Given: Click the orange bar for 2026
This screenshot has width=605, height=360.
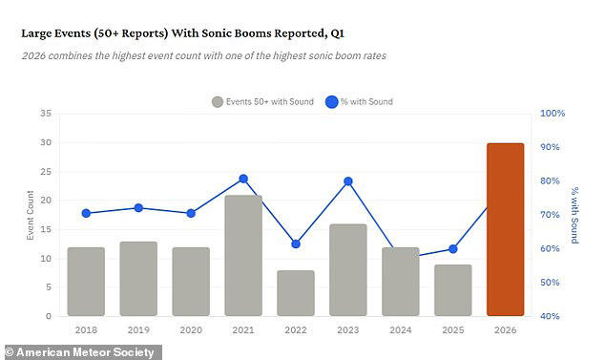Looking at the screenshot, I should pyautogui.click(x=505, y=229).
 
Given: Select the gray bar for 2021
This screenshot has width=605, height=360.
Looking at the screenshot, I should pyautogui.click(x=243, y=255).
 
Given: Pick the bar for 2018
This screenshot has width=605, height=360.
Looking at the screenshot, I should pyautogui.click(x=86, y=281).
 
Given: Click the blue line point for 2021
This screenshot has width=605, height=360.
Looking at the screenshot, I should pyautogui.click(x=243, y=179).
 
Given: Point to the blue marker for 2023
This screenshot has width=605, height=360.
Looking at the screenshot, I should pyautogui.click(x=348, y=181).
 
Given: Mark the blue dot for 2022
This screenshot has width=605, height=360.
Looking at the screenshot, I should pyautogui.click(x=296, y=244).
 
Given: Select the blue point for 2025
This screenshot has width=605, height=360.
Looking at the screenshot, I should pyautogui.click(x=452, y=249).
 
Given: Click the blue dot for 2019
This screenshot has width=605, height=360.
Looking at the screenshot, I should pyautogui.click(x=138, y=208).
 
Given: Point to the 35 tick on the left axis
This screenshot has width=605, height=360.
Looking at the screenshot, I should pyautogui.click(x=46, y=113).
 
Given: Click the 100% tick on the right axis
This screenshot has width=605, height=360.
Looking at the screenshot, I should pyautogui.click(x=553, y=113).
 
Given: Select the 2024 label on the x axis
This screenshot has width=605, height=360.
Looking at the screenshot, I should pyautogui.click(x=400, y=329).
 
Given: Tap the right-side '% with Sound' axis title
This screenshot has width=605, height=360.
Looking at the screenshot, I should pyautogui.click(x=574, y=214).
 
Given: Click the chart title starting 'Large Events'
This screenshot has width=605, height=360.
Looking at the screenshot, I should pyautogui.click(x=182, y=33).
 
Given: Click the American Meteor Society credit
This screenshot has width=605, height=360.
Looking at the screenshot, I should pyautogui.click(x=80, y=352).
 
